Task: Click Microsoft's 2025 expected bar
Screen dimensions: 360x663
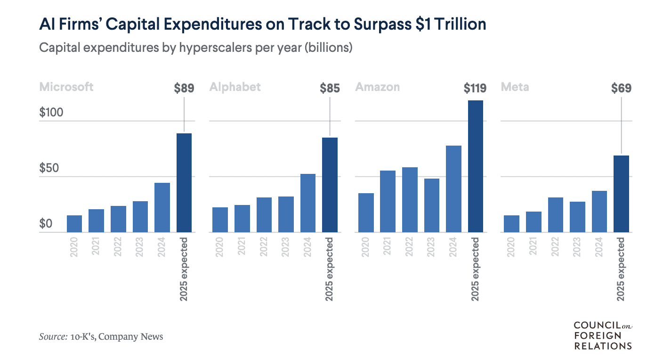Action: click(184, 183)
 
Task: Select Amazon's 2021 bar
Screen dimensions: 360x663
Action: click(388, 201)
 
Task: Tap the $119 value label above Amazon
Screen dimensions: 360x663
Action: click(475, 88)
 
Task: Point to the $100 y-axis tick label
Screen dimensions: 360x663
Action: click(51, 113)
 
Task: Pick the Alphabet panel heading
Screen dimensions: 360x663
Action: click(235, 87)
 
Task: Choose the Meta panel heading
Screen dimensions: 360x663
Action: click(515, 87)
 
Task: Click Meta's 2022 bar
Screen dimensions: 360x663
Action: click(556, 215)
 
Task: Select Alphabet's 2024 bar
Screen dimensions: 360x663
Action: click(308, 203)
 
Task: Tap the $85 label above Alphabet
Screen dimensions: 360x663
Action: click(330, 88)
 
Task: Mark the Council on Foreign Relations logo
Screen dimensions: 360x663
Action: click(602, 335)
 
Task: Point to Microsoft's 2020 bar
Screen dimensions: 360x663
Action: click(74, 224)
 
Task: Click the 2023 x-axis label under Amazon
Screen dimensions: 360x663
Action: click(431, 247)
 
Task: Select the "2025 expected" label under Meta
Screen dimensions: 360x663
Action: click(621, 269)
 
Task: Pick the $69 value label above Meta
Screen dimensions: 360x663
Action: click(621, 88)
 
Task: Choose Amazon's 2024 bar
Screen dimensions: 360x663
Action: click(453, 189)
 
